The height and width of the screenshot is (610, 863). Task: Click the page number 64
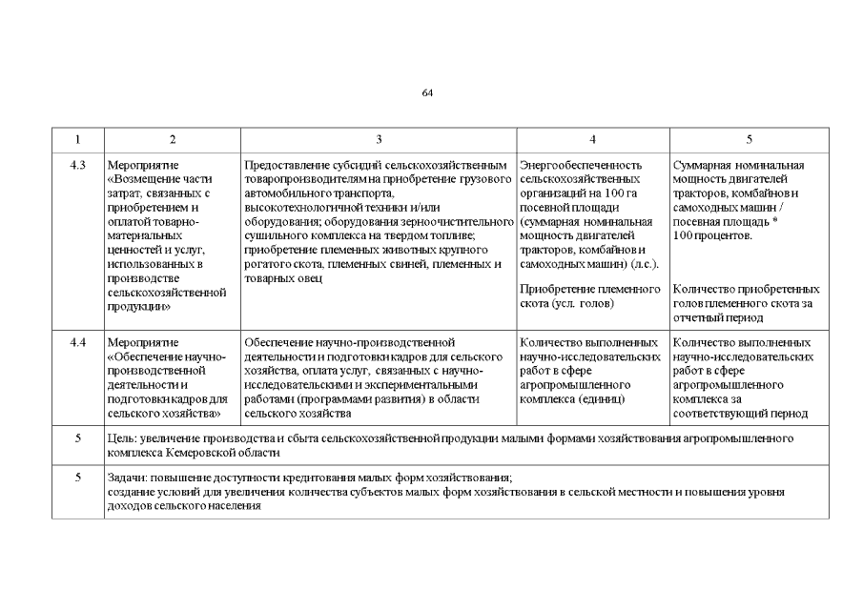427,93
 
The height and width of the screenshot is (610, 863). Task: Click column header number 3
379,140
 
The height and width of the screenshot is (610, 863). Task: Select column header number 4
592,140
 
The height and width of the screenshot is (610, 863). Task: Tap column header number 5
749,140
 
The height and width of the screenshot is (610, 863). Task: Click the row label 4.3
78,165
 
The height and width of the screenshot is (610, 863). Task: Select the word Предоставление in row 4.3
284,165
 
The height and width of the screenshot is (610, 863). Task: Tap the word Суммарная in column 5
701,165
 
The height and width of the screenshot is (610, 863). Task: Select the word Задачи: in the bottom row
130,477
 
